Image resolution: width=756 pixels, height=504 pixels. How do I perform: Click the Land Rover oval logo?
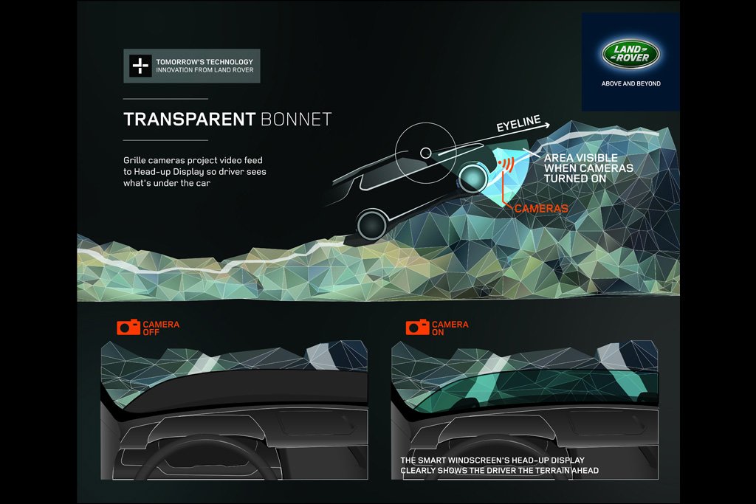pos(630,53)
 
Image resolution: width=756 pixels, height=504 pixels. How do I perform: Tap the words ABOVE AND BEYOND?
pos(630,84)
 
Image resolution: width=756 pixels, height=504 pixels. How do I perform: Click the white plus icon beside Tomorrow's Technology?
pos(140,66)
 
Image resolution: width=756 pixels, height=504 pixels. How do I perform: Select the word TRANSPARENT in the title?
pos(190,120)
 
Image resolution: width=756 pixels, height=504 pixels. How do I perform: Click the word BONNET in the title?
pos(296,120)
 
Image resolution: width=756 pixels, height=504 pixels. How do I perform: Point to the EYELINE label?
pos(519,123)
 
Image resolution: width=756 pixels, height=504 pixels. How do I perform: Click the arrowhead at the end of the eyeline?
pos(547,125)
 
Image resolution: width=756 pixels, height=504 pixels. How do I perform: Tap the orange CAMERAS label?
pos(541,209)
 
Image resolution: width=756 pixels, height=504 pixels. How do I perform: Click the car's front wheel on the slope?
pos(472,179)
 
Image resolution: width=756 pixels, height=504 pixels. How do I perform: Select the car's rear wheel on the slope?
pos(373,224)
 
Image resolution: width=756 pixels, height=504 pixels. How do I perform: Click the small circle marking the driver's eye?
pos(426,153)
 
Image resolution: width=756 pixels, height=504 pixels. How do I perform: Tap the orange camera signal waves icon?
pos(506,165)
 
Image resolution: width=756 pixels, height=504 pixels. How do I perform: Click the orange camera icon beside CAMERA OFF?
pos(128,327)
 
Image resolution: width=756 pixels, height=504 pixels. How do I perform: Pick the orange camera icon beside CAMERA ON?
pos(418,327)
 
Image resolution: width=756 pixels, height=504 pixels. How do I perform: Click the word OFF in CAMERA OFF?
pos(151,333)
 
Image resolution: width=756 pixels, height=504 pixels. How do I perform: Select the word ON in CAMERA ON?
pos(438,333)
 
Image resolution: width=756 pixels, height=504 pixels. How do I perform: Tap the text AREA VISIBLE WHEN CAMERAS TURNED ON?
pos(588,168)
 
